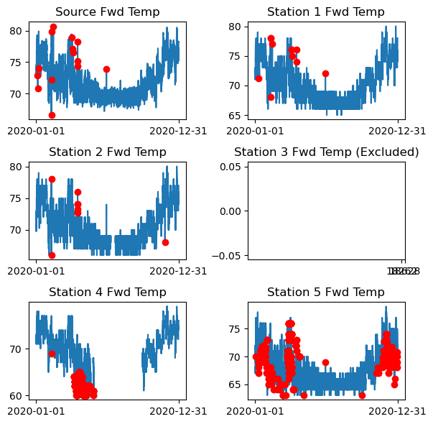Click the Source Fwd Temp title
click(108, 11)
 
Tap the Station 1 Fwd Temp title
click(326, 11)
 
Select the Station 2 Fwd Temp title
click(108, 152)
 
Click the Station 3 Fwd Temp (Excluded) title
click(326, 152)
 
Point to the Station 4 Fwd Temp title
click(108, 292)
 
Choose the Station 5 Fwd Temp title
click(326, 292)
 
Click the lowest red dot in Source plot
click(52, 115)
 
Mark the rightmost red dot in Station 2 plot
click(165, 242)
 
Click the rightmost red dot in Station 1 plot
click(325, 73)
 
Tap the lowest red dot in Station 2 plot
click(52, 255)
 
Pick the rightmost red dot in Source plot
click(106, 69)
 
